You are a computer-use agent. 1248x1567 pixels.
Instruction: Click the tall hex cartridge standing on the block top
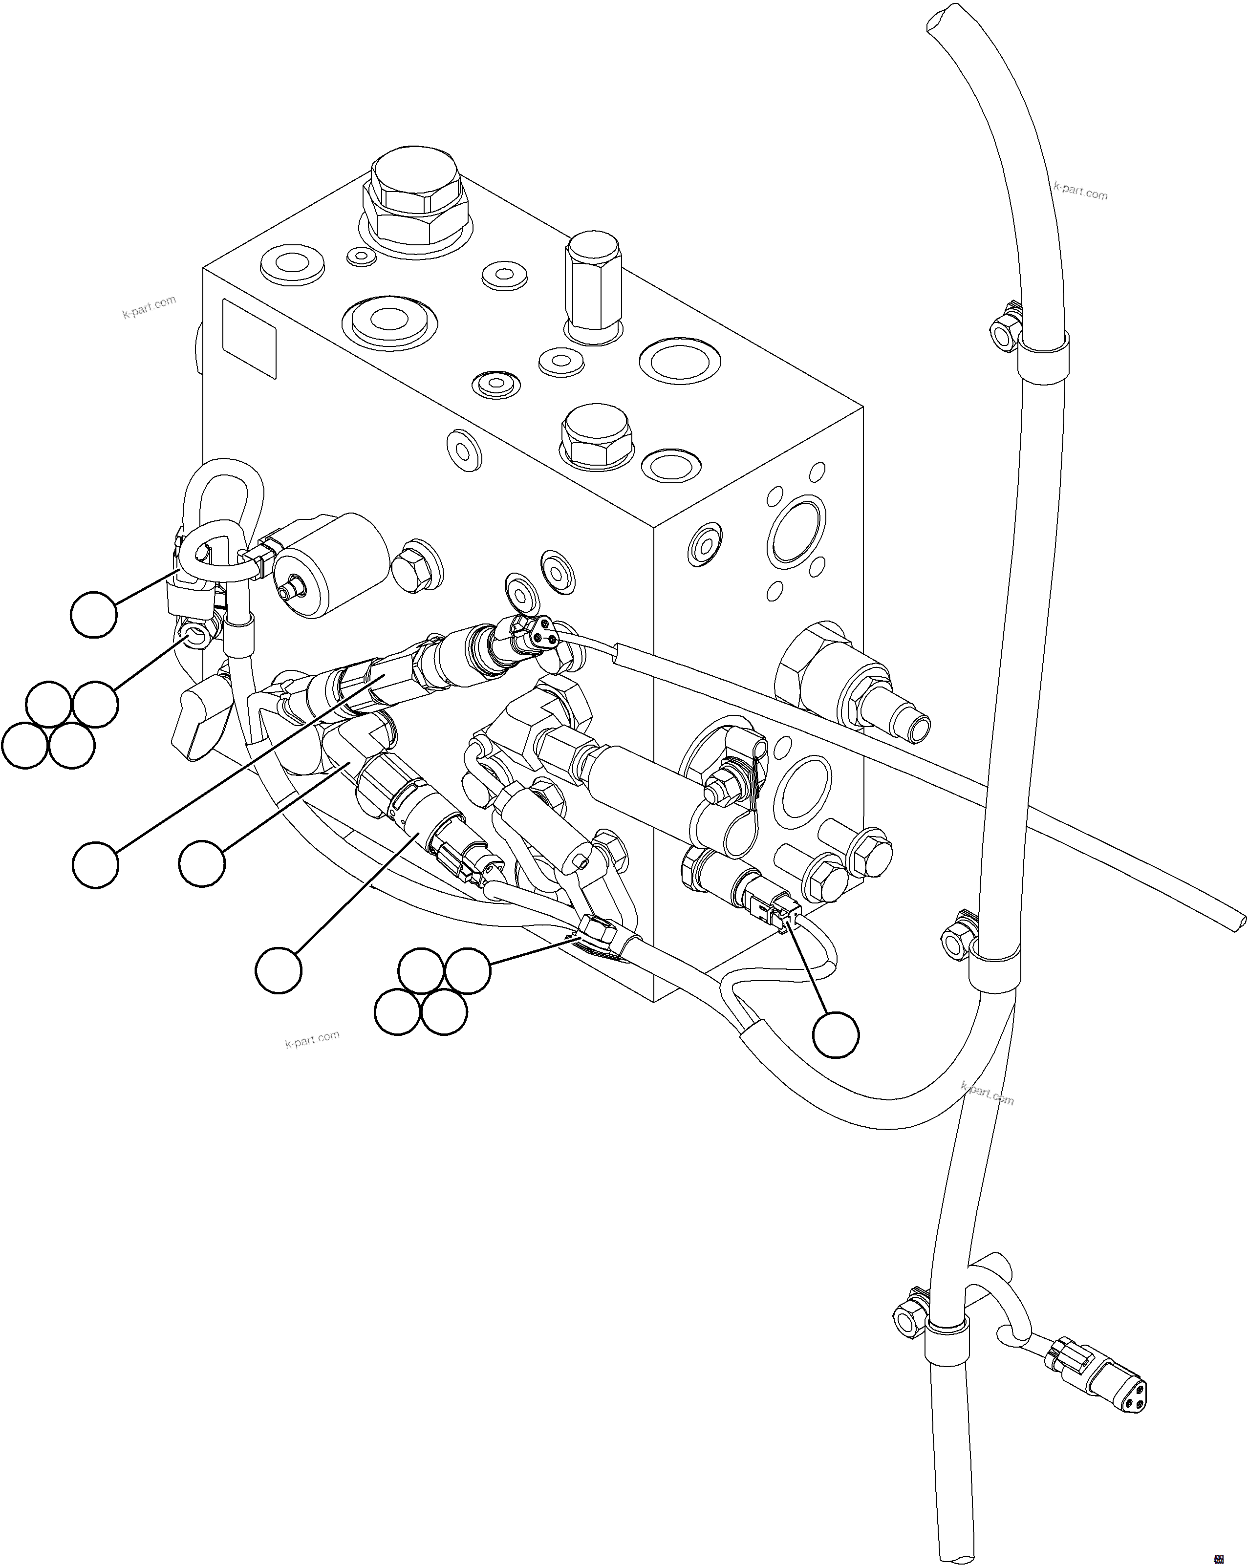(592, 287)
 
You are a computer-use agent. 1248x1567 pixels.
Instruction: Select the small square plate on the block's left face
(249, 339)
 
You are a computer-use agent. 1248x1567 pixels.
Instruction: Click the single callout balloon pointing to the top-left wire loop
(94, 615)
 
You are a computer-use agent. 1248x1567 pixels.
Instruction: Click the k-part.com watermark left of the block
(149, 307)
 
